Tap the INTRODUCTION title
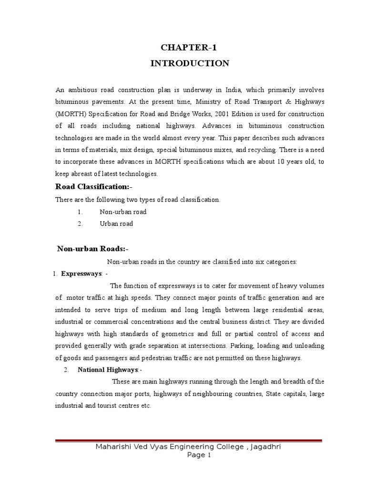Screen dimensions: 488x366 click(x=190, y=63)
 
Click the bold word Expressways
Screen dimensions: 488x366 click(x=81, y=274)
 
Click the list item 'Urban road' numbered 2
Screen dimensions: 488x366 click(x=116, y=224)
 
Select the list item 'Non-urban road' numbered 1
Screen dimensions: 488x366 click(x=122, y=212)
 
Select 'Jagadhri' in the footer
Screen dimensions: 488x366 click(x=262, y=447)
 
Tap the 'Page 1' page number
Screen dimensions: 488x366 click(x=199, y=455)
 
